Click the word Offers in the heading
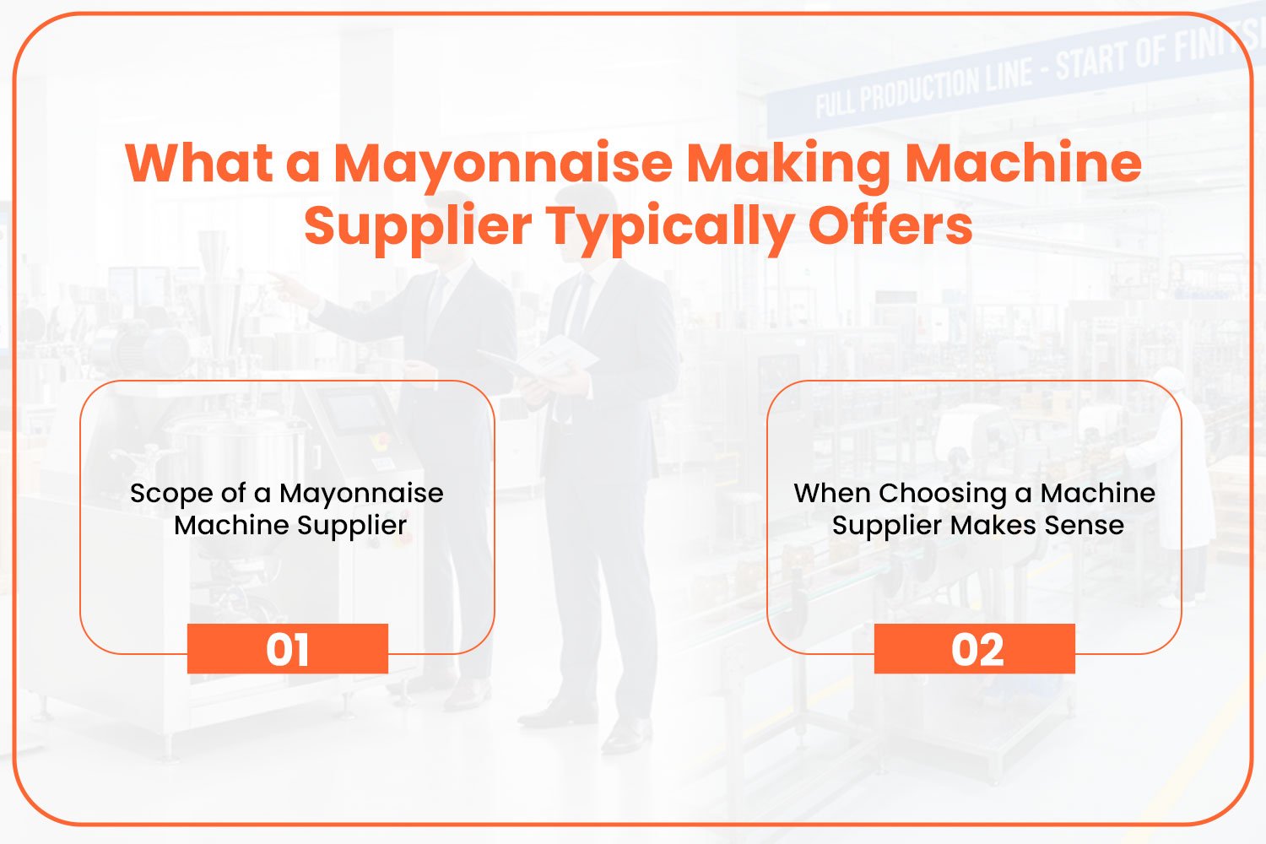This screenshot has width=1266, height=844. [x=890, y=225]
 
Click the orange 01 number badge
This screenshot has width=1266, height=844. [x=288, y=648]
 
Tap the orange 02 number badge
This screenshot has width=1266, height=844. [x=974, y=648]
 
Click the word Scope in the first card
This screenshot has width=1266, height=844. [x=171, y=494]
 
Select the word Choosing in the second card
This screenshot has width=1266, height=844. [x=943, y=494]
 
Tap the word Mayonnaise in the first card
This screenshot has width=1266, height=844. [x=361, y=495]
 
